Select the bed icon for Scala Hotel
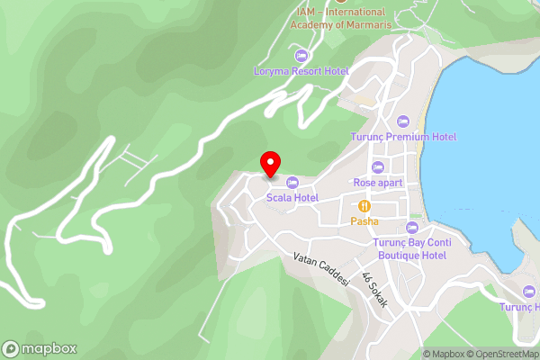point(291,183)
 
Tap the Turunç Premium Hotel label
point(402,136)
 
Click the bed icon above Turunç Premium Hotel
point(402,121)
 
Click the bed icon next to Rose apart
point(378,166)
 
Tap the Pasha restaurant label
point(364,220)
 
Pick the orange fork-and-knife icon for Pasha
point(364,205)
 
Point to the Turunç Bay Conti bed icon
point(412,227)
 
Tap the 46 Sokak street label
point(374,290)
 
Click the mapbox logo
point(40,349)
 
